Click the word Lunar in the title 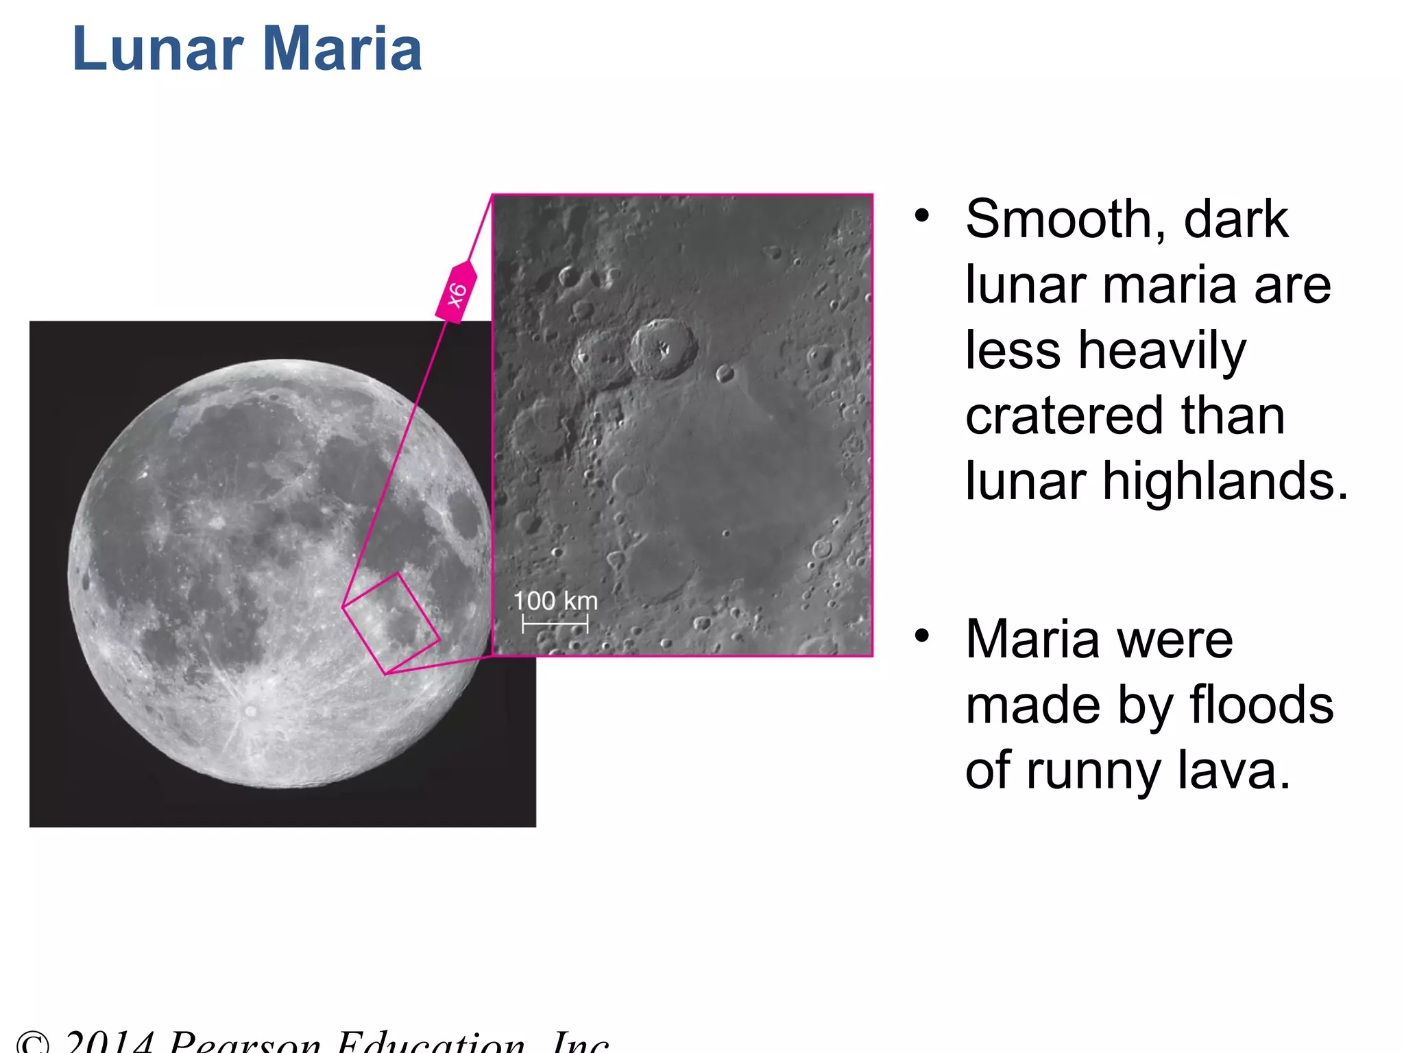(158, 49)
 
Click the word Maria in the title (342, 49)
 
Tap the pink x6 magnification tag (456, 293)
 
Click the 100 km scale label (555, 601)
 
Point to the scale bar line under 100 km (555, 624)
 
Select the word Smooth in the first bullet (1065, 219)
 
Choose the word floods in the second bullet (1261, 705)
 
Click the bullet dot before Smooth (922, 216)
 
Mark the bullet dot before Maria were (922, 636)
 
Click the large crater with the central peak (662, 348)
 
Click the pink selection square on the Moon (391, 623)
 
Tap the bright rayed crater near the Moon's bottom (251, 711)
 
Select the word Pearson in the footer (244, 1043)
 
